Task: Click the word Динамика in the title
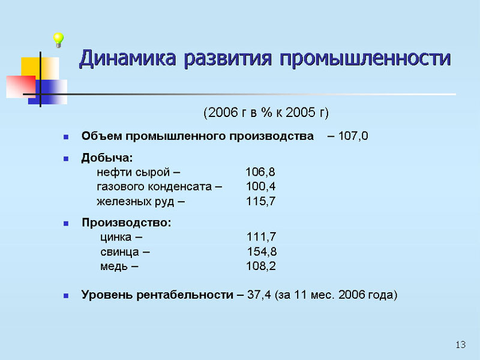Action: (128, 58)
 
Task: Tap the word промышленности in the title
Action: (365, 58)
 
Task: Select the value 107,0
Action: (353, 136)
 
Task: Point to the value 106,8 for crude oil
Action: (260, 172)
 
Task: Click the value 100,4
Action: (260, 187)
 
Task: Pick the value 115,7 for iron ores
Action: (260, 201)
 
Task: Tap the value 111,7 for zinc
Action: (261, 236)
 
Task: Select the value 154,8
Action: (262, 251)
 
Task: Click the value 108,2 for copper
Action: (261, 266)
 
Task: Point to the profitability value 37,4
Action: (259, 295)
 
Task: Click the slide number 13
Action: (461, 344)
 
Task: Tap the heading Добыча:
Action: (107, 158)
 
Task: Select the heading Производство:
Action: (127, 223)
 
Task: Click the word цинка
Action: (116, 237)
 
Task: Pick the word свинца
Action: (119, 252)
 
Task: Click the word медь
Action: (114, 266)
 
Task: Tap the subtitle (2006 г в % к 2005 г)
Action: (266, 113)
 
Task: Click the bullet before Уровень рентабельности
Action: (66, 296)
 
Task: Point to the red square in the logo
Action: (21, 86)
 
